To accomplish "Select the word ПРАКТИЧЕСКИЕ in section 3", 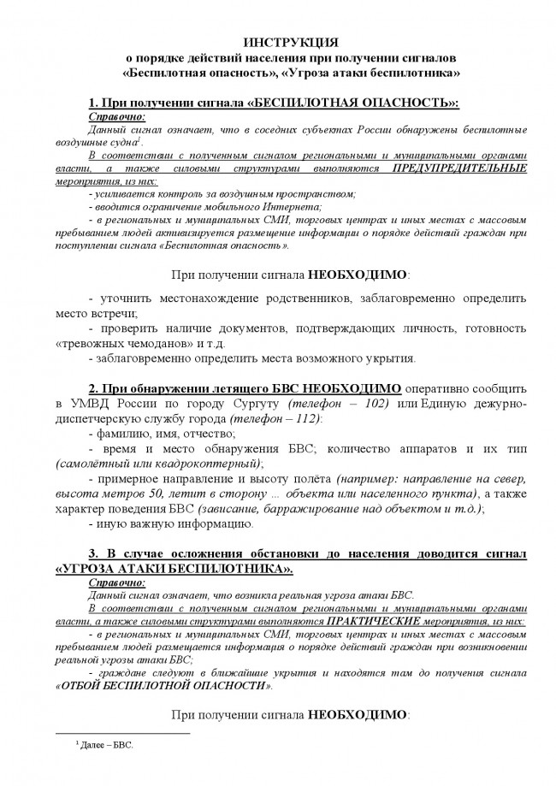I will click(370, 623).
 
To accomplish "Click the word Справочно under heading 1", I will click(116, 115).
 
